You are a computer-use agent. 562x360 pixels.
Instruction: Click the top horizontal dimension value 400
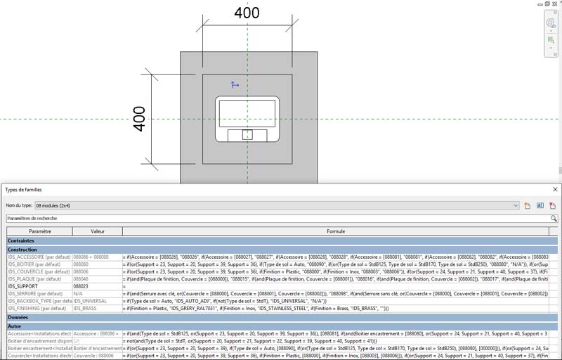tap(247, 13)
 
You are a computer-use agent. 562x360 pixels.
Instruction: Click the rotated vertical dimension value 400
tap(139, 119)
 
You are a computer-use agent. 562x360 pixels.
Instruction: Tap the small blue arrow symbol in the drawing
tap(235, 85)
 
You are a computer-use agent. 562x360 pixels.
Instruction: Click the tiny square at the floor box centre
tap(247, 134)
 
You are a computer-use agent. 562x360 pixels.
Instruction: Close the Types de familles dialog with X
tap(555, 190)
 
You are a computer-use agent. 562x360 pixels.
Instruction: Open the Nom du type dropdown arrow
tap(516, 205)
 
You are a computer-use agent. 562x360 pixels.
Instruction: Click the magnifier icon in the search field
tap(554, 219)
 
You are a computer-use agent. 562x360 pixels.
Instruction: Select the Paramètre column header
tap(39, 231)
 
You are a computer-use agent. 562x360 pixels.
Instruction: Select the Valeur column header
tap(97, 231)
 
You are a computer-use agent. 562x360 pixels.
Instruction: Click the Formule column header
tap(340, 231)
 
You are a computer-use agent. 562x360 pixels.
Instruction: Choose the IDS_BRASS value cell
tap(86, 309)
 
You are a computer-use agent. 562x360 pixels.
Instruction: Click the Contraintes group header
tap(22, 240)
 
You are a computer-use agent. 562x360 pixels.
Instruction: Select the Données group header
tap(19, 317)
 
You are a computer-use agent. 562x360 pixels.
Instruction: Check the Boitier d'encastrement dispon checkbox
tap(77, 341)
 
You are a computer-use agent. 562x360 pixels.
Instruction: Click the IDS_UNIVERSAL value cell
tap(91, 301)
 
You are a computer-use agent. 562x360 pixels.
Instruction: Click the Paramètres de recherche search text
tap(33, 219)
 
